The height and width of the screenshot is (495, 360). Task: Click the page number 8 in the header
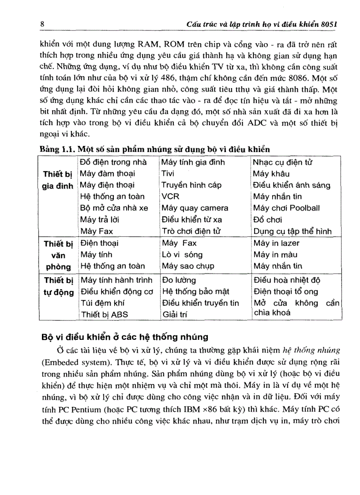coord(42,24)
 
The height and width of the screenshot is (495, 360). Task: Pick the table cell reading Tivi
coord(168,174)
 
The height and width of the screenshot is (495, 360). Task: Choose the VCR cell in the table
coord(170,197)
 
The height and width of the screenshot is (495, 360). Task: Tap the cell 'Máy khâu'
coord(271,174)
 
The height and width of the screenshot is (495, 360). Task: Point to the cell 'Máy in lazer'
coord(276,243)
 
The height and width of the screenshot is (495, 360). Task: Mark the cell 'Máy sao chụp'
coord(187,266)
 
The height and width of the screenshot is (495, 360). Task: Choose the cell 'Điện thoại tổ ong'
coord(285,292)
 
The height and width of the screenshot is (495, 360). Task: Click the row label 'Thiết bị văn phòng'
coord(57,255)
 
